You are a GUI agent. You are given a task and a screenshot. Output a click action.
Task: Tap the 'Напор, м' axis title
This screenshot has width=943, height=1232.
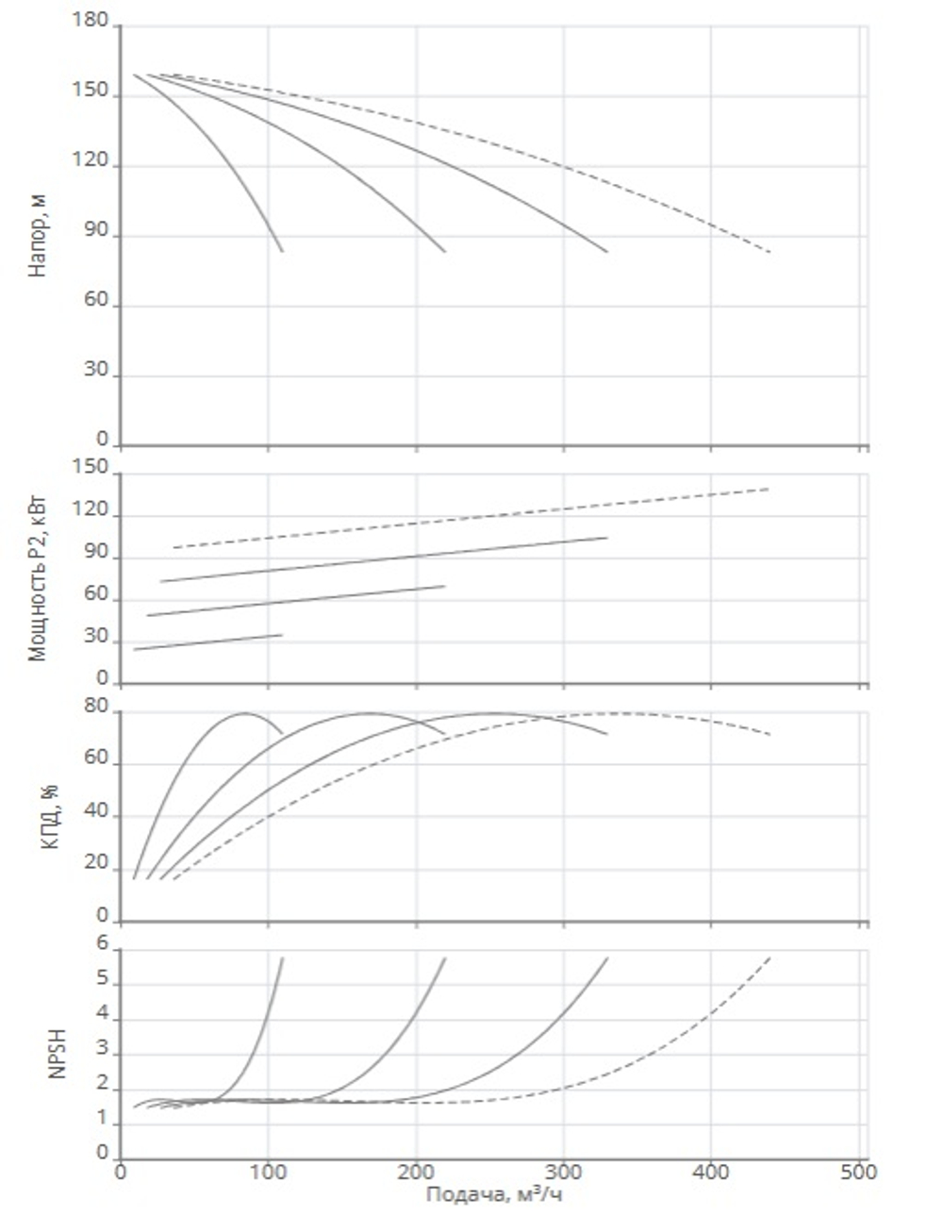[x=38, y=235]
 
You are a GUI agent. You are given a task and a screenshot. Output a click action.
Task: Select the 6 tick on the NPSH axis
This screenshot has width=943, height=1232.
[x=104, y=947]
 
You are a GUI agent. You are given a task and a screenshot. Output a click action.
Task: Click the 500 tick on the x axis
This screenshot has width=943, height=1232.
[x=859, y=1173]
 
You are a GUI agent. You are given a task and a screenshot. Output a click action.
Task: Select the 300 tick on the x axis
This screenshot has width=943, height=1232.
[x=564, y=1173]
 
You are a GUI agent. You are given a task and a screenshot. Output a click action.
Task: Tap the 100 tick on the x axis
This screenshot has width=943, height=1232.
[x=269, y=1173]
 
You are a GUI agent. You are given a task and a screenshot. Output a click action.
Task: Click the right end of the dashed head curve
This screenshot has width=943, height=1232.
[x=770, y=252]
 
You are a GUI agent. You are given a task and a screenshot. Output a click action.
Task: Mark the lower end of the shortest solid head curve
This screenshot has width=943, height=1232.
[x=282, y=251]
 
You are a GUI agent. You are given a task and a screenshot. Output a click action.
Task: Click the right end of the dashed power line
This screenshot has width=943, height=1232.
[x=769, y=489]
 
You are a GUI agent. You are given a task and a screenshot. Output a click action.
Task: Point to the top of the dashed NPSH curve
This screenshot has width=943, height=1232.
[x=770, y=957]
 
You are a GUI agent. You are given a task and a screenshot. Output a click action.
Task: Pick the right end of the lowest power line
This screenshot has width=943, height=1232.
[x=282, y=635]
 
